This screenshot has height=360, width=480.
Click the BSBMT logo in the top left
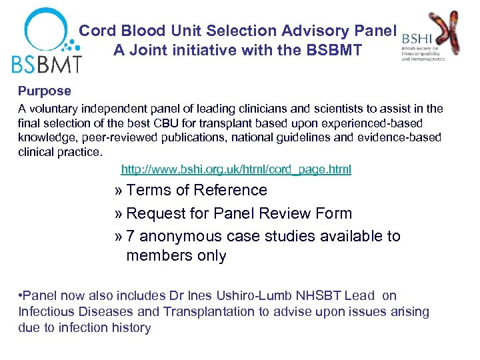(46, 40)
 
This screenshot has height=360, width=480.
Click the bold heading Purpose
(44, 91)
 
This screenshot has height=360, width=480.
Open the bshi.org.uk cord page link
(236, 169)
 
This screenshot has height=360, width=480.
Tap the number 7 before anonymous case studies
(131, 236)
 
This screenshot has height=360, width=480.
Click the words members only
(176, 255)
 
